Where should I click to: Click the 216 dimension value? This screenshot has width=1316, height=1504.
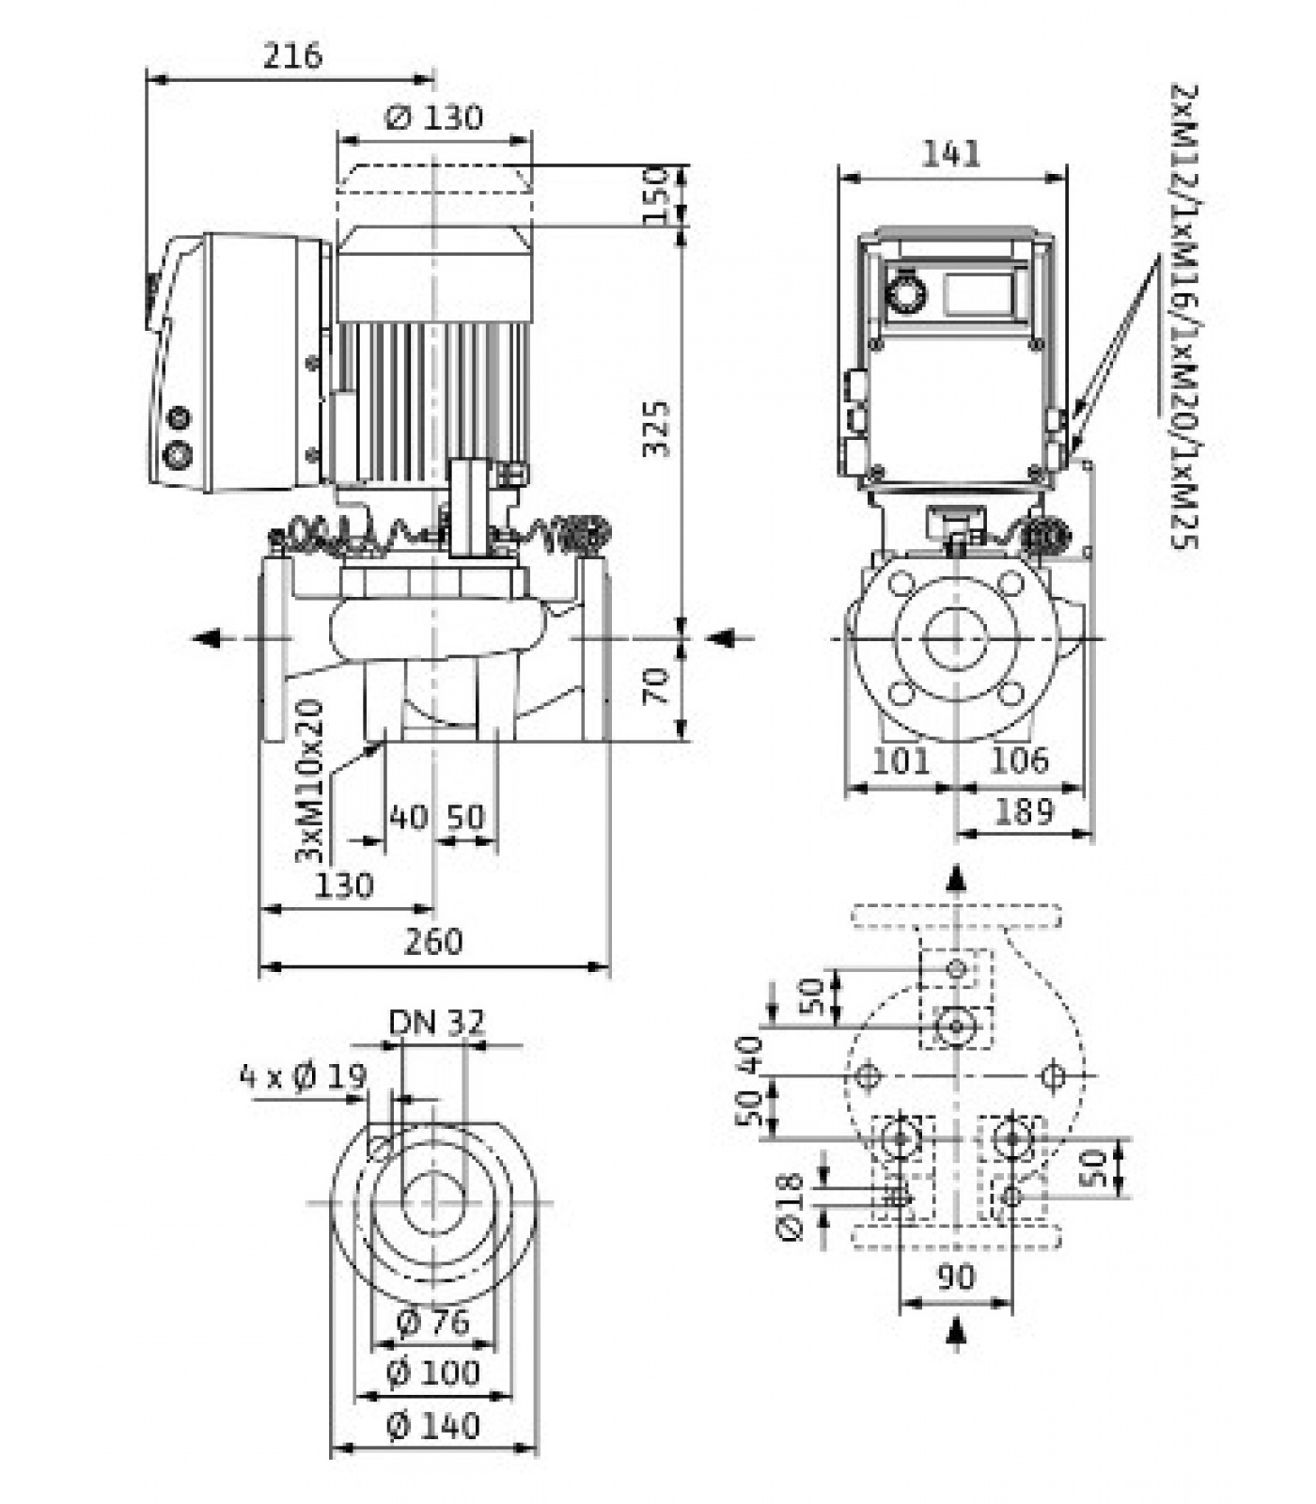point(291,56)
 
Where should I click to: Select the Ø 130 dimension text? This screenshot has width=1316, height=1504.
point(434,117)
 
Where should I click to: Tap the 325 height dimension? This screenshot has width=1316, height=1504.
point(657,429)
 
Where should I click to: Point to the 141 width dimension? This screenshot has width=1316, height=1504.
point(951,153)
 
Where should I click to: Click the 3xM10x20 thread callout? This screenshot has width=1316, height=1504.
point(309,780)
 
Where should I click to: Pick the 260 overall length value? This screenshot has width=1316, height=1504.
point(433,941)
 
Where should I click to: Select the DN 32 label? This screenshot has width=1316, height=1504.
point(437,1022)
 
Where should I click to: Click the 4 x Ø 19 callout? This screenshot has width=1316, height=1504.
point(303,1075)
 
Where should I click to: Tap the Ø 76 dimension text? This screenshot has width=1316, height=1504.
point(432,1323)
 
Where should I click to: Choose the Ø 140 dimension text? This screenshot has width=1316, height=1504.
point(433,1426)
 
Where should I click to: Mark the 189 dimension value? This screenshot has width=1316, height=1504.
point(1024,810)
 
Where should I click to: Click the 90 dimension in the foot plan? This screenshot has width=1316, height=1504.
point(956,1277)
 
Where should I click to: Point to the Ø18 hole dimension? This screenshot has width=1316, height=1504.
point(791,1206)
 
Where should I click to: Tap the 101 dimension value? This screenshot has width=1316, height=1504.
point(901,760)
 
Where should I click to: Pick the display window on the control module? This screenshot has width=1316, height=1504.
point(979,293)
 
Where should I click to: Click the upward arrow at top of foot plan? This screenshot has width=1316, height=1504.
point(956,878)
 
